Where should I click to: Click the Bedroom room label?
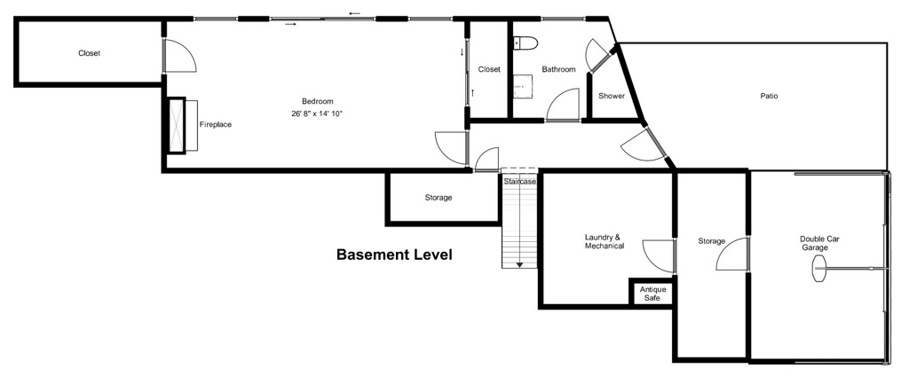[x=317, y=101]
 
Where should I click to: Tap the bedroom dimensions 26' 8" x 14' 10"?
[x=317, y=114]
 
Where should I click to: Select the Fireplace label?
[x=215, y=124]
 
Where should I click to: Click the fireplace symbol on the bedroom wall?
[x=183, y=128]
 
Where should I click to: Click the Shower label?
[x=611, y=96]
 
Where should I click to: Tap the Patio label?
[x=769, y=96]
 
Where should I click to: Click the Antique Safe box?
[x=652, y=294]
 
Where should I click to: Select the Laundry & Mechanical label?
[x=604, y=241]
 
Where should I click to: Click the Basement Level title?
[x=394, y=255]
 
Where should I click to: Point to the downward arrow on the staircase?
[x=519, y=263]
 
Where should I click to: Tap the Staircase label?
[x=520, y=182]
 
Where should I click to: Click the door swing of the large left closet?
[x=180, y=57]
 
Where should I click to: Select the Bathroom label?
[x=559, y=69]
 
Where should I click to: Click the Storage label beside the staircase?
[x=438, y=198]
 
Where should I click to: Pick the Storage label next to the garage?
[x=712, y=241]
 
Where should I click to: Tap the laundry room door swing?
[x=659, y=256]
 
